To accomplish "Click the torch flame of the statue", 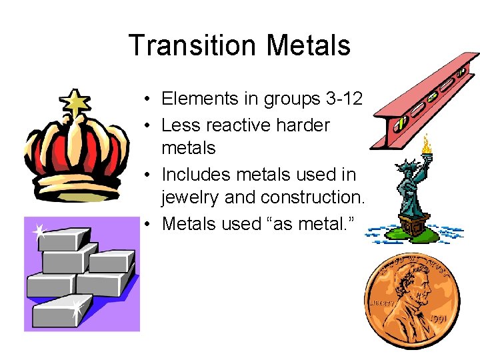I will pos(426,141).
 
